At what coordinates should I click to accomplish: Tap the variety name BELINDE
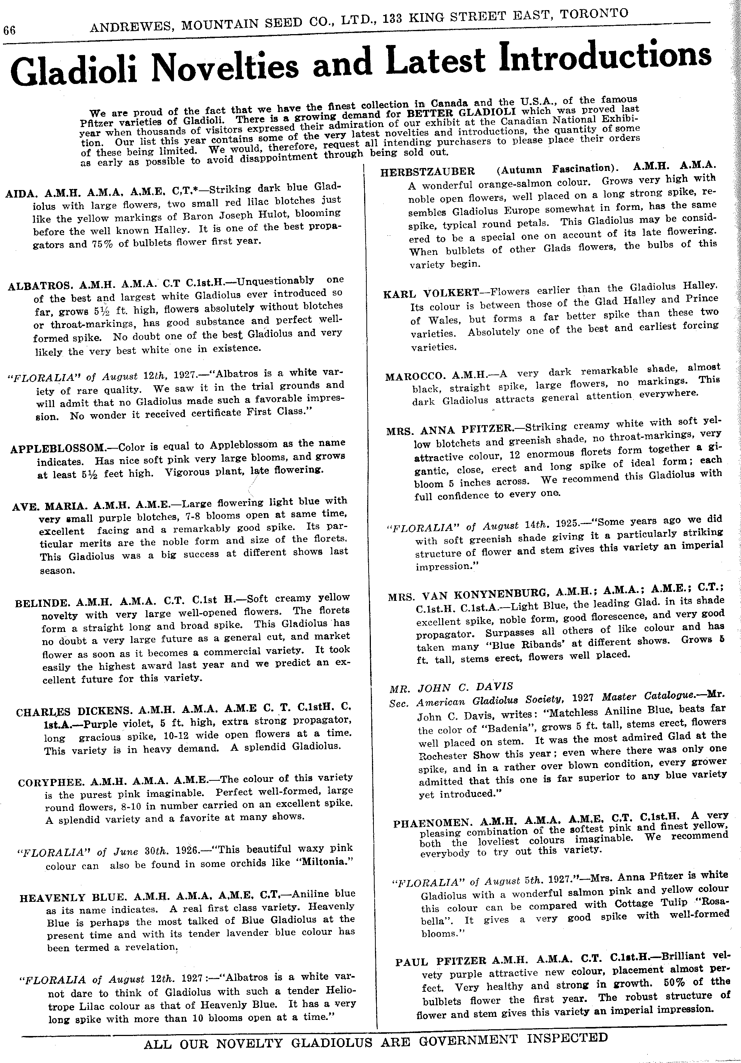[42, 603]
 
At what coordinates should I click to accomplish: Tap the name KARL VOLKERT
[431, 294]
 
